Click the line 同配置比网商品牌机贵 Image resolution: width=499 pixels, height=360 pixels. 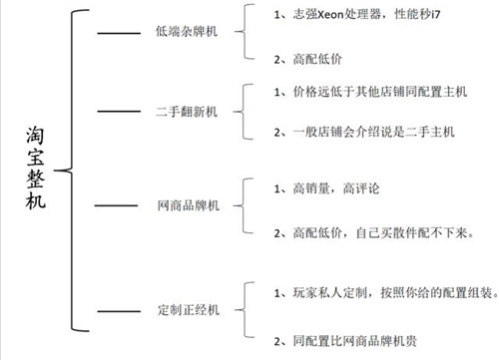point(353,341)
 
